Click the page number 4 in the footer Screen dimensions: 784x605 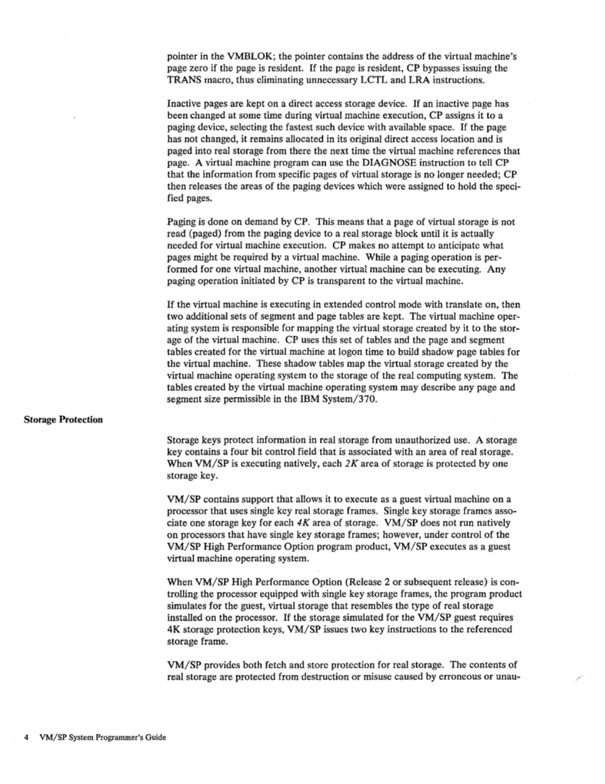(26, 738)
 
